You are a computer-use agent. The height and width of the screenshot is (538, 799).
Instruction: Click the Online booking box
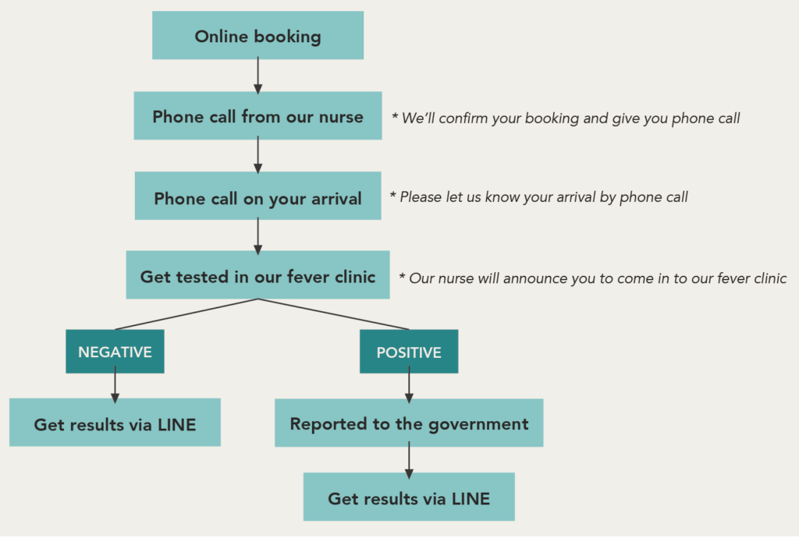[x=257, y=36]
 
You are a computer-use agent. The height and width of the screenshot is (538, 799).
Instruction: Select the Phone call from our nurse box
[x=257, y=115]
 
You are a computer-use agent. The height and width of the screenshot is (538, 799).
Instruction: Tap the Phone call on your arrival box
[x=257, y=196]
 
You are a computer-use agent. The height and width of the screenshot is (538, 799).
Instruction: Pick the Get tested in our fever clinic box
[x=257, y=275]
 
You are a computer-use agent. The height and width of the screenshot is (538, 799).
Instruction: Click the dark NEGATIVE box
[x=115, y=351]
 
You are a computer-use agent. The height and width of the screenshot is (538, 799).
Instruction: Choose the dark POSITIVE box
[x=409, y=351]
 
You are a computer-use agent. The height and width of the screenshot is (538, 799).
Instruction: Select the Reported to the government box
[x=409, y=423]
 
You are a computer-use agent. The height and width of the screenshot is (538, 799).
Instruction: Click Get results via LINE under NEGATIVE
[x=115, y=423]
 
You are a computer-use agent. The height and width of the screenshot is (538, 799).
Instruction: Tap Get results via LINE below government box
[x=409, y=497]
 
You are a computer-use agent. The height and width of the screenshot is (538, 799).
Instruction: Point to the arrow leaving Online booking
[x=257, y=76]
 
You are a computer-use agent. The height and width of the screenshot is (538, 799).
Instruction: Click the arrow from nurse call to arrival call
[x=257, y=155]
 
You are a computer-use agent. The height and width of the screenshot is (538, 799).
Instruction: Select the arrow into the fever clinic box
[x=257, y=236]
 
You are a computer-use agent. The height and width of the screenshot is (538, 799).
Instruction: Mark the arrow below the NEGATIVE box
[x=115, y=385]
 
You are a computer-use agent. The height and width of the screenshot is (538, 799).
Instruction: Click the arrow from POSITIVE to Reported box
[x=409, y=385]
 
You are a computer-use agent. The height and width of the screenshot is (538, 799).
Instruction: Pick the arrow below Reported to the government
[x=409, y=460]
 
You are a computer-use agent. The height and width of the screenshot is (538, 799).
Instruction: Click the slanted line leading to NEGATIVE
[x=186, y=314]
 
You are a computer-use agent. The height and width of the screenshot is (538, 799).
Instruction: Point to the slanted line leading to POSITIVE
[x=333, y=314]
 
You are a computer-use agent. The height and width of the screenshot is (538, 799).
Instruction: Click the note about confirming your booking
[x=566, y=119]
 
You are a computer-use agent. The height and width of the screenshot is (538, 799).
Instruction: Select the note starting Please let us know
[x=538, y=197]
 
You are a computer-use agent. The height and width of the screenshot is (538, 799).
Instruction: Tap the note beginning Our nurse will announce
[x=593, y=278]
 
